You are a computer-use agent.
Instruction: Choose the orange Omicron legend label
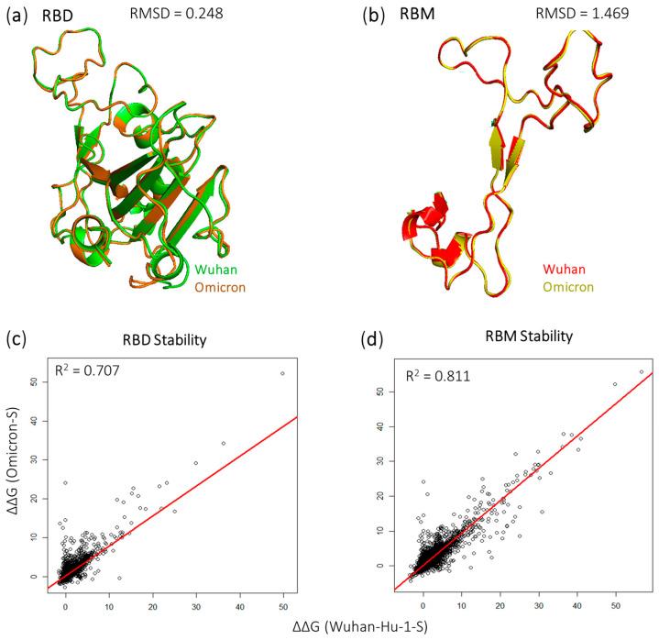pos(218,287)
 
